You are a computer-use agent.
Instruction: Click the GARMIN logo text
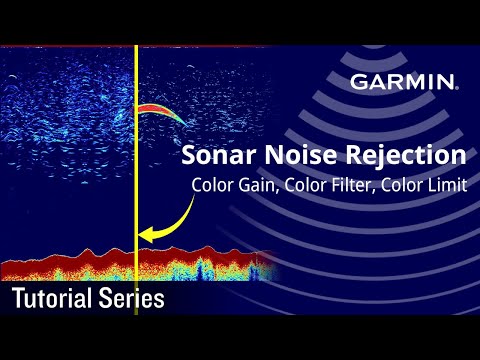pos(404,82)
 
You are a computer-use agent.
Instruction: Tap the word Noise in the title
pos(301,156)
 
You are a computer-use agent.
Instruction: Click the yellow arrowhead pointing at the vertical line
pos(146,236)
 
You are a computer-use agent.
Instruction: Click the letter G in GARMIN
pos(358,82)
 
